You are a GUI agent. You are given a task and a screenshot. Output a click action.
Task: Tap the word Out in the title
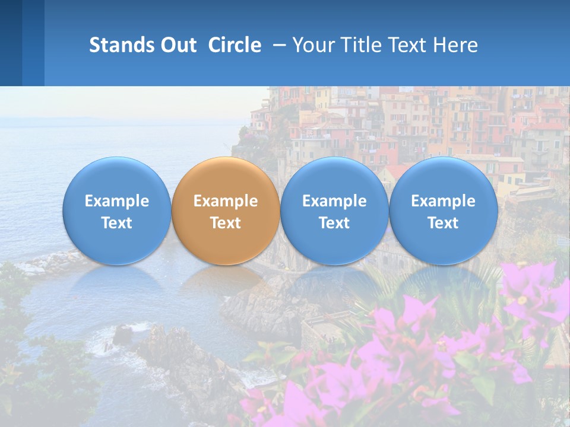click(176, 45)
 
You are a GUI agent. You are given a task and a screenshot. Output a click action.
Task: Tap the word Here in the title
click(456, 45)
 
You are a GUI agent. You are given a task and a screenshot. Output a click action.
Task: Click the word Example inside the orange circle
click(226, 201)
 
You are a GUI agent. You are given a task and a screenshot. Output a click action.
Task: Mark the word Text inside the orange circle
click(226, 223)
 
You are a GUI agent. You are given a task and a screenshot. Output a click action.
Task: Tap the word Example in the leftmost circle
click(116, 201)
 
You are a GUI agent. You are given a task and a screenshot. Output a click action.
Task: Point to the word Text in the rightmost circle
click(443, 223)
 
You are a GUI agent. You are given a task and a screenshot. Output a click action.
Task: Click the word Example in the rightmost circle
click(443, 201)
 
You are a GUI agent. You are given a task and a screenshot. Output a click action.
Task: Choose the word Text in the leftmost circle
click(116, 223)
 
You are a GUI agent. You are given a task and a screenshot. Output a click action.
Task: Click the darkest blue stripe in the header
click(11, 43)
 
